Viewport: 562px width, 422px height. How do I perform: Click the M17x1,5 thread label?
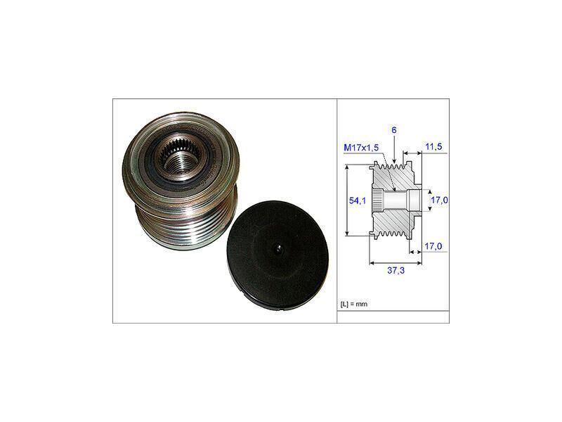pyautogui.click(x=361, y=148)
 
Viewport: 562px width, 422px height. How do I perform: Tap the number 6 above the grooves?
pyautogui.click(x=394, y=130)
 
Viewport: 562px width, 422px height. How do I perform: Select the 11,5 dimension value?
pyautogui.click(x=433, y=146)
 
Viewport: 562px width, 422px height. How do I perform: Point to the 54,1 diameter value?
pyautogui.click(x=358, y=200)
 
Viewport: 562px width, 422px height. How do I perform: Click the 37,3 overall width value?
pyautogui.click(x=396, y=270)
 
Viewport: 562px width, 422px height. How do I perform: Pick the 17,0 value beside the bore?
pyautogui.click(x=439, y=200)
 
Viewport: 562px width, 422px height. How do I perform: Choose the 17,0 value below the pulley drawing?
pyautogui.click(x=433, y=247)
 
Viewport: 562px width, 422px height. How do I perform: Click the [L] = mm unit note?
pyautogui.click(x=354, y=305)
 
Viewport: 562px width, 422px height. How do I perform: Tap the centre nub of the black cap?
pyautogui.click(x=278, y=249)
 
